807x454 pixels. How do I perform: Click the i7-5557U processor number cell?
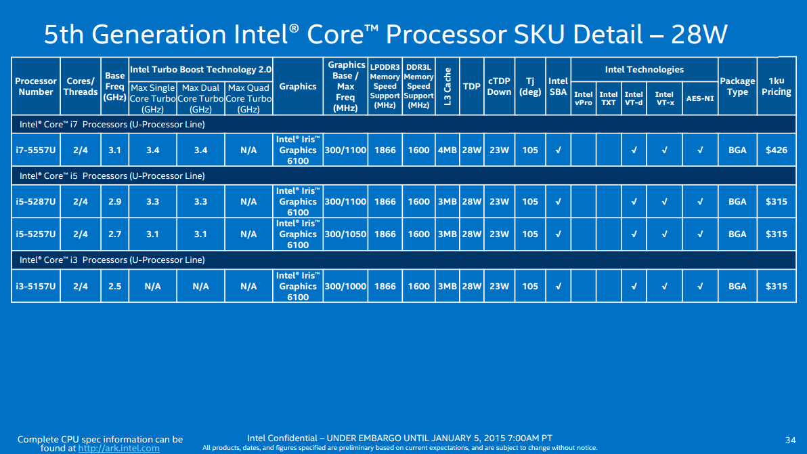point(36,150)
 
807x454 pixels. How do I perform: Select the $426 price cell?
point(776,150)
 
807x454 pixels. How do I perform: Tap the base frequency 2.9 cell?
point(114,202)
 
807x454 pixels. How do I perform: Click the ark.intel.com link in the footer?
point(119,448)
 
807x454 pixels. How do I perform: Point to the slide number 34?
point(789,439)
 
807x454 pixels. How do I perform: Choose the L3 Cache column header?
point(447,86)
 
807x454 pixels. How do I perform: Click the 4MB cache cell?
point(447,150)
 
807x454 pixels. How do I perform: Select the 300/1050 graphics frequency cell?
point(346,234)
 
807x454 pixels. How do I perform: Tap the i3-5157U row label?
point(36,287)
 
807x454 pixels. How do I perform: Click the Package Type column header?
point(737,86)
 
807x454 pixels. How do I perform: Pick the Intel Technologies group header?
point(644,70)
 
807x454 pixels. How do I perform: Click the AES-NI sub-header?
point(699,98)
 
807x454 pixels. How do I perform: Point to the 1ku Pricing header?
point(776,86)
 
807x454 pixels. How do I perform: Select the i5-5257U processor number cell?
point(36,234)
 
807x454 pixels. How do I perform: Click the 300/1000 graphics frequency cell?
point(346,287)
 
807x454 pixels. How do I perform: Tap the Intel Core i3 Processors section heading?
point(112,260)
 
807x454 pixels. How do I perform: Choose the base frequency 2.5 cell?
point(114,287)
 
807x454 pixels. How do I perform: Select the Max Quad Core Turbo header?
point(248,98)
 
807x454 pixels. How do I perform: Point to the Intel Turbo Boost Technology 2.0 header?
point(200,70)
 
